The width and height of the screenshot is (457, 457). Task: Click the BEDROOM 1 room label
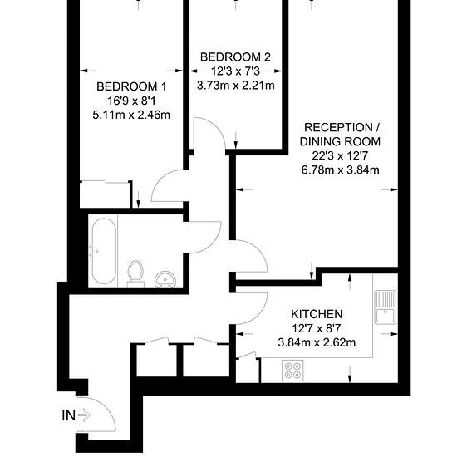131,86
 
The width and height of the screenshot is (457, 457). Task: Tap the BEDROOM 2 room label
235,57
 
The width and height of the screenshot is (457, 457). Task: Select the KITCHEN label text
317,314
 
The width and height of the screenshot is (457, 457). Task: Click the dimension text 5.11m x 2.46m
131,115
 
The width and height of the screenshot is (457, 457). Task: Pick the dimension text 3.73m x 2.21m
235,86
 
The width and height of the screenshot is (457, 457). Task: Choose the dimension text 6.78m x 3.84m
340,170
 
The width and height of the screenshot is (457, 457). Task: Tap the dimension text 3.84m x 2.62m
317,342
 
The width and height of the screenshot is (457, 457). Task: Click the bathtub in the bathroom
104,251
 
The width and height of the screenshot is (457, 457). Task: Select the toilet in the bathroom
135,273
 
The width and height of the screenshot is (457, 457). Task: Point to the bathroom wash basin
165,279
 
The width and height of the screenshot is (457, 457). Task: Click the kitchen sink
386,307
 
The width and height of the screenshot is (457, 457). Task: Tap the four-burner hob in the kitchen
292,370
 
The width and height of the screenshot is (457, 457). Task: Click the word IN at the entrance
68,415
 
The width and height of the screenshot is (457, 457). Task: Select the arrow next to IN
85,415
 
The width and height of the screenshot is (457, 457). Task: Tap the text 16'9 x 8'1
131,101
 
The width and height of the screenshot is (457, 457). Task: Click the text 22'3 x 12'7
340,155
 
